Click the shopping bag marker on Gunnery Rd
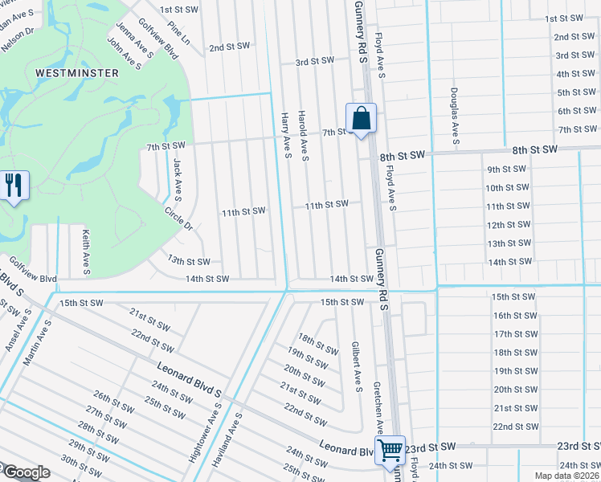coord(362,118)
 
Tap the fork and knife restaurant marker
coord(14,186)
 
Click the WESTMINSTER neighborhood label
coord(77,72)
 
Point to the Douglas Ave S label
coord(455,117)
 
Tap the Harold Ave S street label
coord(304,135)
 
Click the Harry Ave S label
coord(285,135)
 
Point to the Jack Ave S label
coord(177,178)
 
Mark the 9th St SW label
coord(505,170)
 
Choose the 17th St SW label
coord(514,334)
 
